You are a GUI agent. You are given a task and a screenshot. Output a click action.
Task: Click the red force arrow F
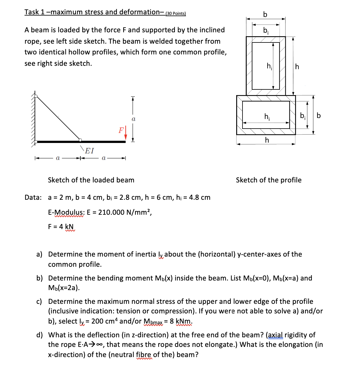coord(126,133)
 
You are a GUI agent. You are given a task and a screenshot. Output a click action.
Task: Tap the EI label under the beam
coord(89,151)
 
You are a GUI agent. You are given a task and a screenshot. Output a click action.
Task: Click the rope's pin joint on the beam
coord(80,140)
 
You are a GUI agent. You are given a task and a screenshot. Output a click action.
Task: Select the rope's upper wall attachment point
coord(36,96)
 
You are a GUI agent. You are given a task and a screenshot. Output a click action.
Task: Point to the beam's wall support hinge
coord(36,141)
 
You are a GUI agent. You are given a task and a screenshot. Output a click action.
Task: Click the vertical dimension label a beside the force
coord(133,119)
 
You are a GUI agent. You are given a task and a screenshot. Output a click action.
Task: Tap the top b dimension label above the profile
coord(265,14)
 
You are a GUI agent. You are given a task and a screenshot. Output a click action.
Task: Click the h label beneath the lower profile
coord(267,140)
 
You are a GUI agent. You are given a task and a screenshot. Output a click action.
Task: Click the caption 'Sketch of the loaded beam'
coord(91,180)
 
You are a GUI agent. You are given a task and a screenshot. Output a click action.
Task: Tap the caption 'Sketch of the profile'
coord(269,180)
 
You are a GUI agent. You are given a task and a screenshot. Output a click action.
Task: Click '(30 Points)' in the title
coord(176,13)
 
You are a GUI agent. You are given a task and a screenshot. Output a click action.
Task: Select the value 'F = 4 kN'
coord(61,226)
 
